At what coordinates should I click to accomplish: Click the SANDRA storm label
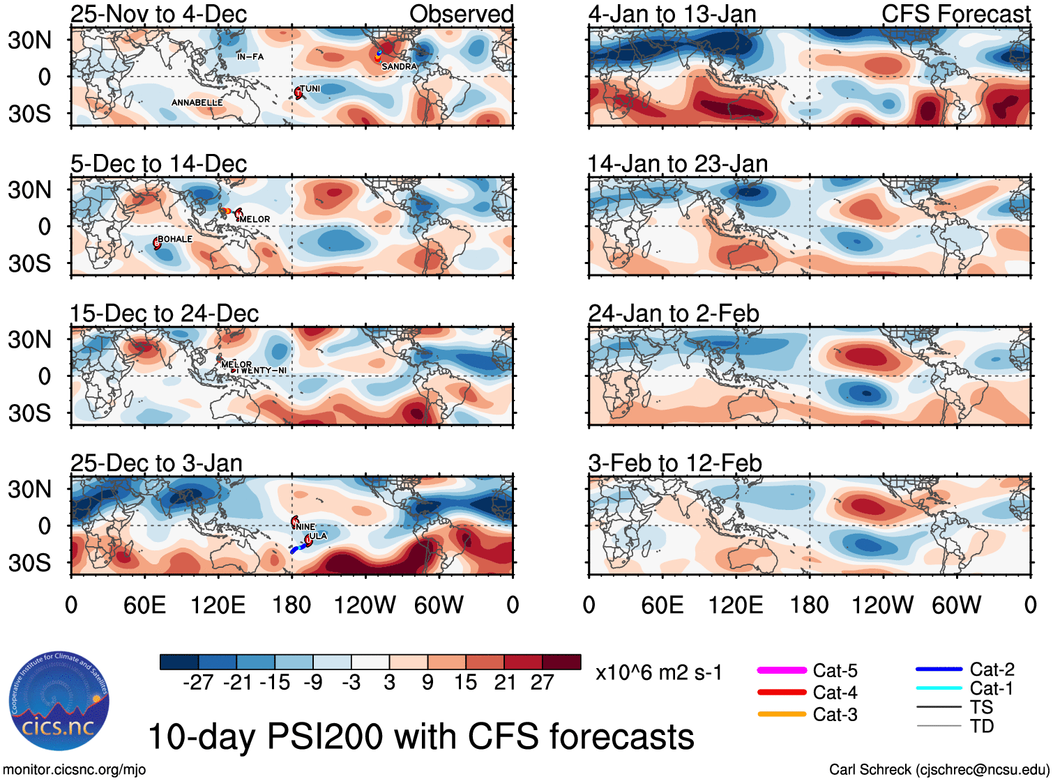tap(399, 67)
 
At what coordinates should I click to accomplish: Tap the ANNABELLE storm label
tap(197, 103)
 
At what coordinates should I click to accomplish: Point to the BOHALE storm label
tap(175, 239)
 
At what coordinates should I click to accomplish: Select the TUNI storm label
tap(310, 88)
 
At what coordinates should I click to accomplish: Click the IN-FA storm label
tap(250, 57)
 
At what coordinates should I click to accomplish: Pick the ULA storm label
tap(318, 536)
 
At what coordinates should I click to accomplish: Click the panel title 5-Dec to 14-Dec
tap(159, 164)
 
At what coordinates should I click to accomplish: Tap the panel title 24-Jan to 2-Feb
tap(674, 314)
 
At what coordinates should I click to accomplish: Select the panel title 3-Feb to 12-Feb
tap(675, 463)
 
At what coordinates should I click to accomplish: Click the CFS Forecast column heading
tap(955, 14)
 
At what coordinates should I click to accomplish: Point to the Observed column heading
tap(461, 14)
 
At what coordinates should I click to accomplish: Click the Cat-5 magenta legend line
tap(782, 670)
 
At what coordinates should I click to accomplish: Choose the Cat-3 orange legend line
tap(782, 714)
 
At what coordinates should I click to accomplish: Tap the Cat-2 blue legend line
tap(939, 670)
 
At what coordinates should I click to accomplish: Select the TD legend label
tap(982, 726)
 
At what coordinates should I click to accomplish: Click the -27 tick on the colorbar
tap(198, 682)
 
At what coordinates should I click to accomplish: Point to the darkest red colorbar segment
tap(561, 662)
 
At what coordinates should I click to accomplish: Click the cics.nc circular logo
tap(59, 702)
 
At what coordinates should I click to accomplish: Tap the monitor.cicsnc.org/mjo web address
tap(75, 770)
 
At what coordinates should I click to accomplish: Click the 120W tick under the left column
tap(365, 605)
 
